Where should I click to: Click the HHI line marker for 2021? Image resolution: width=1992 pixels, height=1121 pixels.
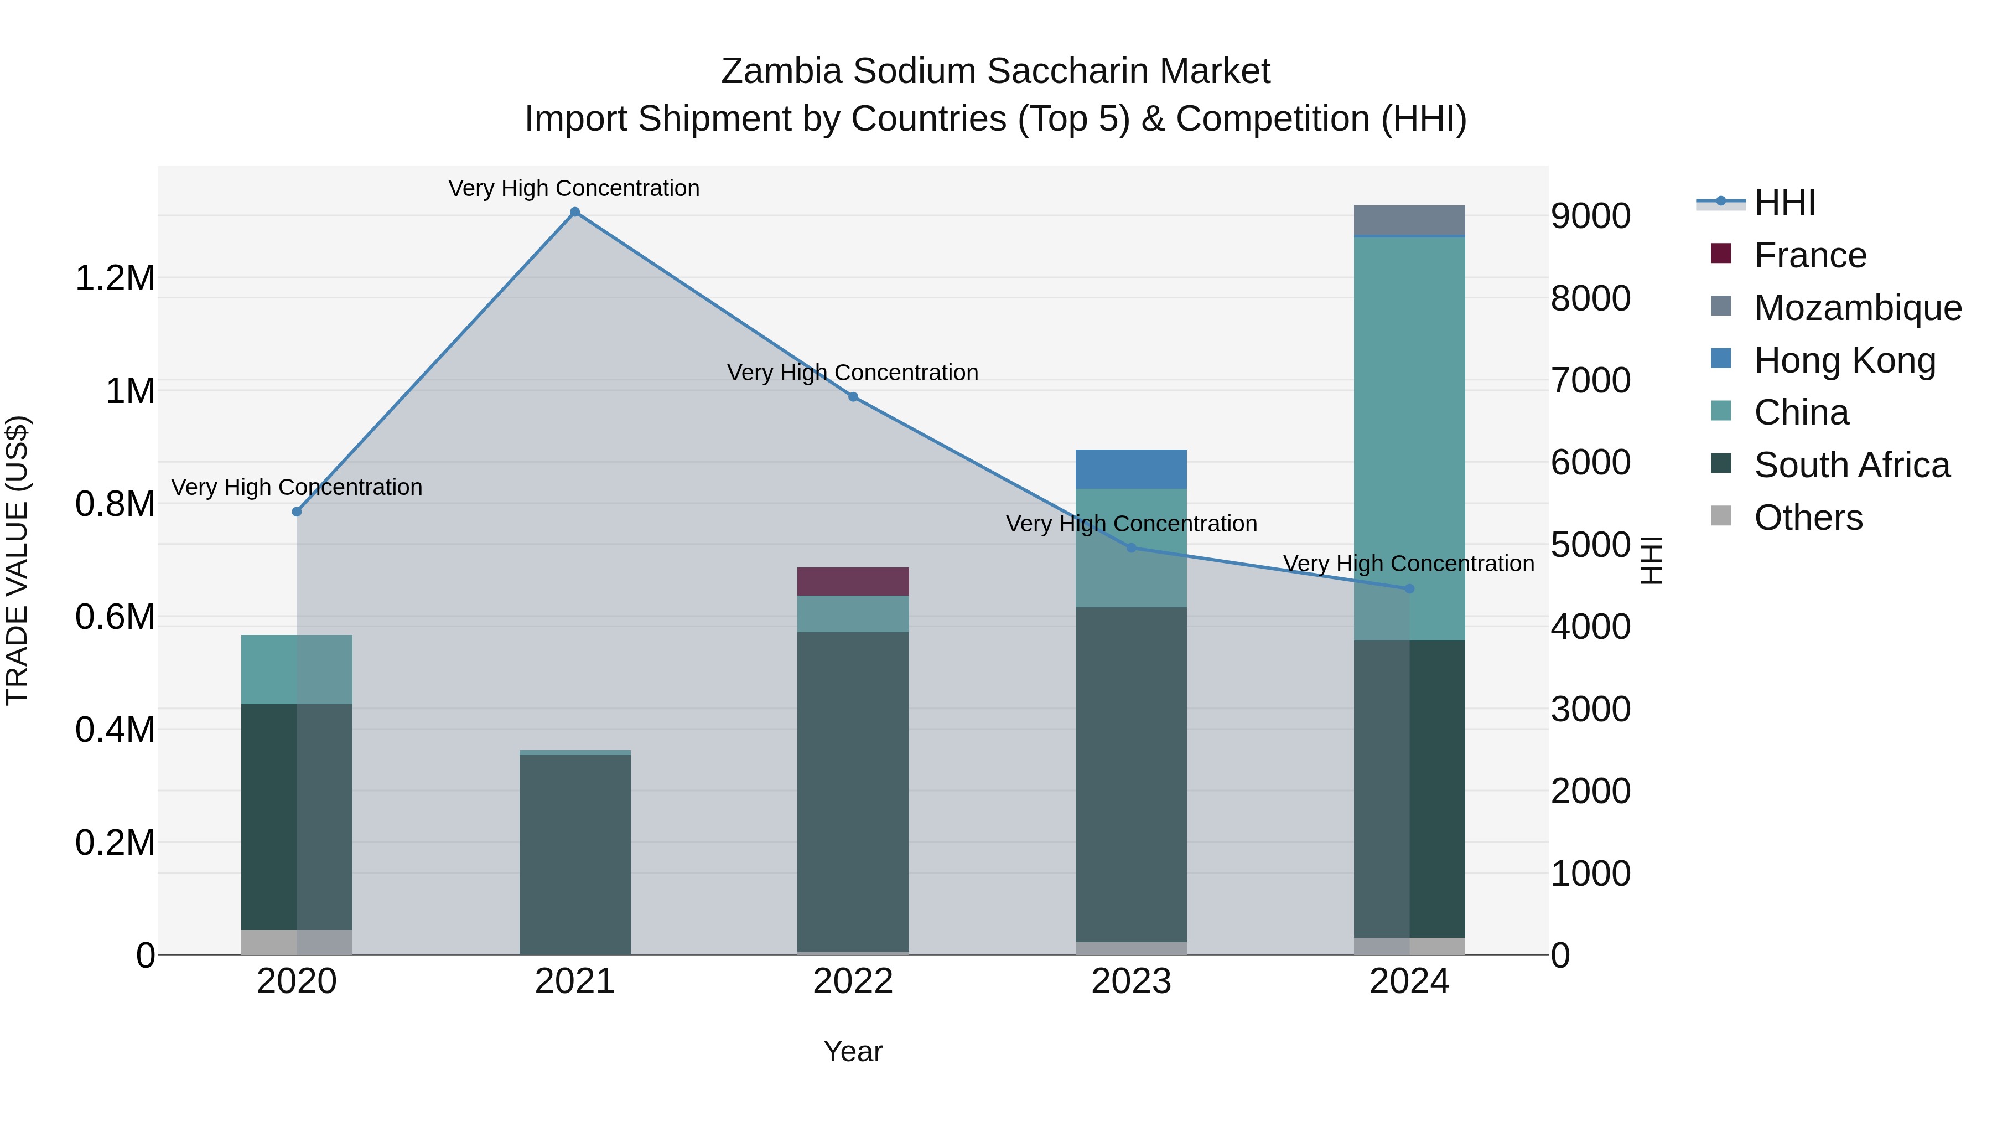574,212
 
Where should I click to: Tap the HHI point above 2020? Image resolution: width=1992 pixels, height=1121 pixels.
297,512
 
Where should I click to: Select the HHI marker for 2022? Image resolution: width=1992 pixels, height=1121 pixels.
853,397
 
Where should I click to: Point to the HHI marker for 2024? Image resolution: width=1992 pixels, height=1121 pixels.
1409,589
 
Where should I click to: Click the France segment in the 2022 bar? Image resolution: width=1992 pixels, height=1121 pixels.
853,581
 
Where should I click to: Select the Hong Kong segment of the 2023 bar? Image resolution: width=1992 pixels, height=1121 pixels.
1130,469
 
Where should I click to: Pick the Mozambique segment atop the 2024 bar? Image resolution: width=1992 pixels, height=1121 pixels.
1409,220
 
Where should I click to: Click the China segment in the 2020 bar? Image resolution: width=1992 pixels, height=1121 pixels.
297,669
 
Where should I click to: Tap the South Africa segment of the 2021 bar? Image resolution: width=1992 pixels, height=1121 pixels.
574,854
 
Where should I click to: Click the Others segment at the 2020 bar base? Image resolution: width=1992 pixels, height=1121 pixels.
297,942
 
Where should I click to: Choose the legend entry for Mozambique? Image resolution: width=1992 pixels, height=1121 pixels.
1858,308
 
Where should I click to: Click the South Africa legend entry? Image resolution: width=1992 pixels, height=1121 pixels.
1851,465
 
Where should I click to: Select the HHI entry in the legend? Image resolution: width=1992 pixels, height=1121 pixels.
1784,203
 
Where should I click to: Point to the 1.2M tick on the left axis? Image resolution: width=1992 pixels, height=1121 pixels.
115,278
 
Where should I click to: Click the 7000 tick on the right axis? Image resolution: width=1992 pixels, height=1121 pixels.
1591,381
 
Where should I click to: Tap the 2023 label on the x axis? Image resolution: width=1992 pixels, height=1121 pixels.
1130,981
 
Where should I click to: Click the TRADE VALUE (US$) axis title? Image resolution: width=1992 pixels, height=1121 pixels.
17,560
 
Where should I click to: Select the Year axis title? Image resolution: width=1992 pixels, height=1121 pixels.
853,1051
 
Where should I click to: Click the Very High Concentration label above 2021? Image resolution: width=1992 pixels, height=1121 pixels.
574,188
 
